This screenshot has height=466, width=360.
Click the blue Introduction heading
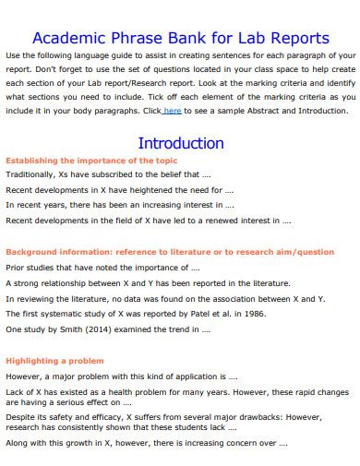(180, 143)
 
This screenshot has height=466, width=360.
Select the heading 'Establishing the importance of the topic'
(78, 160)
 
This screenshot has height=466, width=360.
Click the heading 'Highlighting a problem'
(54, 361)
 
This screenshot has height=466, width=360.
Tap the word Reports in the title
(296, 39)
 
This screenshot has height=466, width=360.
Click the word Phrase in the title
(125, 39)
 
